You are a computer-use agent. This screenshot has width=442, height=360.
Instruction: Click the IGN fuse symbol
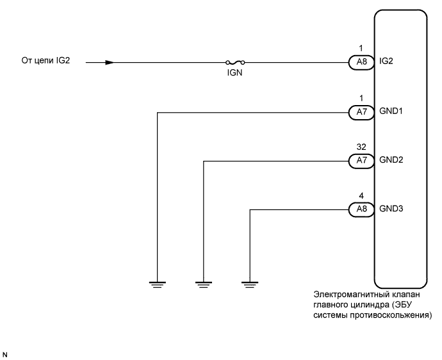pos(235,63)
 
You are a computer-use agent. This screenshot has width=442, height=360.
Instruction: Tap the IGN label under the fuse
pos(234,73)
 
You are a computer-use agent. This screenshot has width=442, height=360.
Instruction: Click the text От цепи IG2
pos(45,62)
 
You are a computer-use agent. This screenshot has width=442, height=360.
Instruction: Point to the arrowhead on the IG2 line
pos(110,63)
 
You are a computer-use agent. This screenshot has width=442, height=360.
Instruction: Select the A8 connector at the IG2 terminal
pos(357,63)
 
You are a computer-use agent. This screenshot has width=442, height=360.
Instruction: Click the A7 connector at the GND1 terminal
pos(357,112)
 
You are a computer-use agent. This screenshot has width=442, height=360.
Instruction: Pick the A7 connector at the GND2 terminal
pos(357,160)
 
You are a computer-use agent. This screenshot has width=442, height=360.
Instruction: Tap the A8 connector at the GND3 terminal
pos(357,209)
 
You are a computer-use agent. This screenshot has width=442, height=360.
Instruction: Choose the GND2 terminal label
pos(390,160)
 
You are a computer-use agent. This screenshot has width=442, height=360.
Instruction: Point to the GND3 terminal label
pos(390,209)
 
